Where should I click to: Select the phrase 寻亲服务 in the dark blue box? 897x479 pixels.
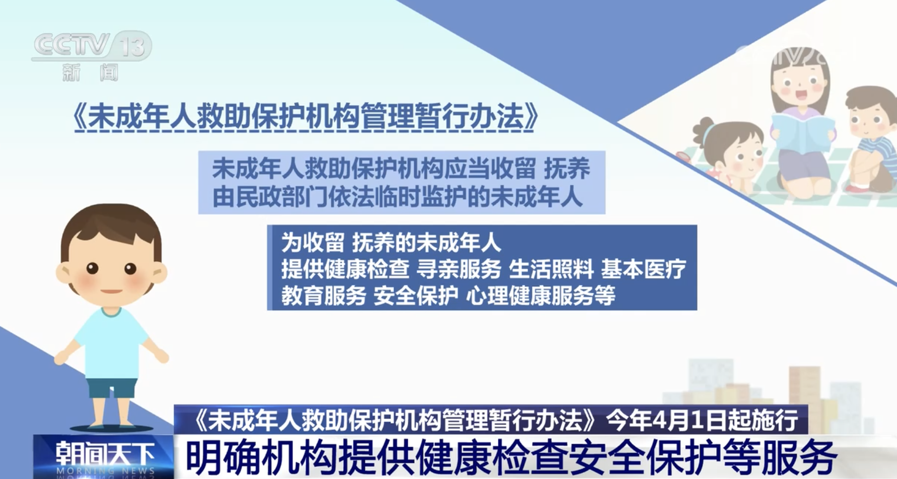click(x=459, y=270)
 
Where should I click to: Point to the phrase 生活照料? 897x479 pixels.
click(x=551, y=270)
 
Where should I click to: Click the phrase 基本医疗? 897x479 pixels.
click(x=643, y=270)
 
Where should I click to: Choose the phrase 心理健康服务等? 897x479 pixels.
click(x=541, y=296)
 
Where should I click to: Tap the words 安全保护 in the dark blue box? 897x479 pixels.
click(x=416, y=296)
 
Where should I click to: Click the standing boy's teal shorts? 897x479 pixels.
click(x=112, y=388)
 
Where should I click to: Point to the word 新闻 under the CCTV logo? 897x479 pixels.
click(x=91, y=72)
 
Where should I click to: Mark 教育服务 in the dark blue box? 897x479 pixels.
click(x=323, y=296)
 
